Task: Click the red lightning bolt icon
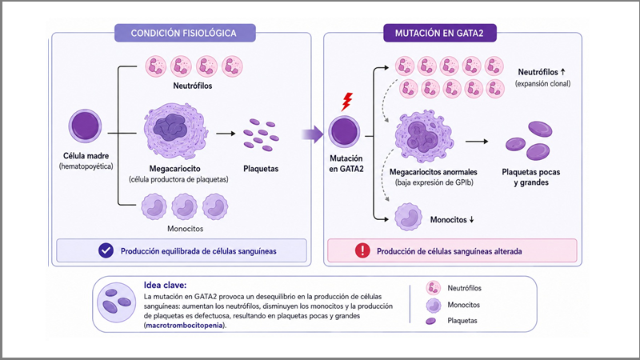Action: click(x=347, y=102)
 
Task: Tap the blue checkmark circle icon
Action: click(x=106, y=250)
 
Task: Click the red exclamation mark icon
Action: click(x=362, y=250)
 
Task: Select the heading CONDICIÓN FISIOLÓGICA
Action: click(x=184, y=33)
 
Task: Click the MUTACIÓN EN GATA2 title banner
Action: click(x=439, y=33)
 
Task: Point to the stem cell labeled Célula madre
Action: click(x=85, y=126)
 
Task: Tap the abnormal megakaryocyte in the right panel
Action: click(x=424, y=136)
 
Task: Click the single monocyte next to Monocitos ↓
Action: click(x=408, y=218)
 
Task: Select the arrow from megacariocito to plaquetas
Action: click(x=226, y=134)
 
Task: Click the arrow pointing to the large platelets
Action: click(x=477, y=142)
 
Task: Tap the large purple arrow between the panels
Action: click(x=313, y=134)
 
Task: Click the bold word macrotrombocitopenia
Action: click(x=185, y=326)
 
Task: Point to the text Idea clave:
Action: click(x=165, y=286)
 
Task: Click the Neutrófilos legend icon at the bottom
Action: click(x=433, y=288)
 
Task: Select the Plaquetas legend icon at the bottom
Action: click(x=430, y=322)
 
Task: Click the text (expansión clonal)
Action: click(x=543, y=84)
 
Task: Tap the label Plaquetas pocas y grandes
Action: click(x=531, y=177)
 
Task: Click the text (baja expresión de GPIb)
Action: click(x=434, y=183)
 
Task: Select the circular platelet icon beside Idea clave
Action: click(x=116, y=303)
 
